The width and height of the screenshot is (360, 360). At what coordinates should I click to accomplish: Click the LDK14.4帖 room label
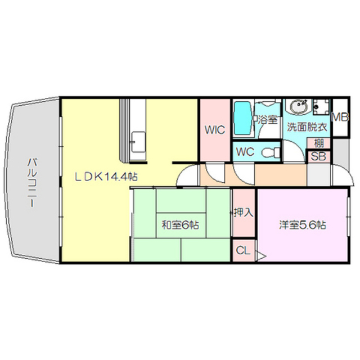pos(106,176)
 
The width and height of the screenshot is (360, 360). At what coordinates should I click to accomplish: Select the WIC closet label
pos(215,130)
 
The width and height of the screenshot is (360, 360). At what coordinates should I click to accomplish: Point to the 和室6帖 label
pos(180,225)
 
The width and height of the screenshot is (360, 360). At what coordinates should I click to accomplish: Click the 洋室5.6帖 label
pos(303,225)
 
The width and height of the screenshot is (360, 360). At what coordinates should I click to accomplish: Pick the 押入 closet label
pos(244,213)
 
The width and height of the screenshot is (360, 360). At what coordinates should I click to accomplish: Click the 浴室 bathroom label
pos(266,119)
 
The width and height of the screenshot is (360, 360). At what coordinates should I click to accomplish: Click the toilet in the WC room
pos(272,152)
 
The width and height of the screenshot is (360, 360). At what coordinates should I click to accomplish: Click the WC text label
pos(246,151)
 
